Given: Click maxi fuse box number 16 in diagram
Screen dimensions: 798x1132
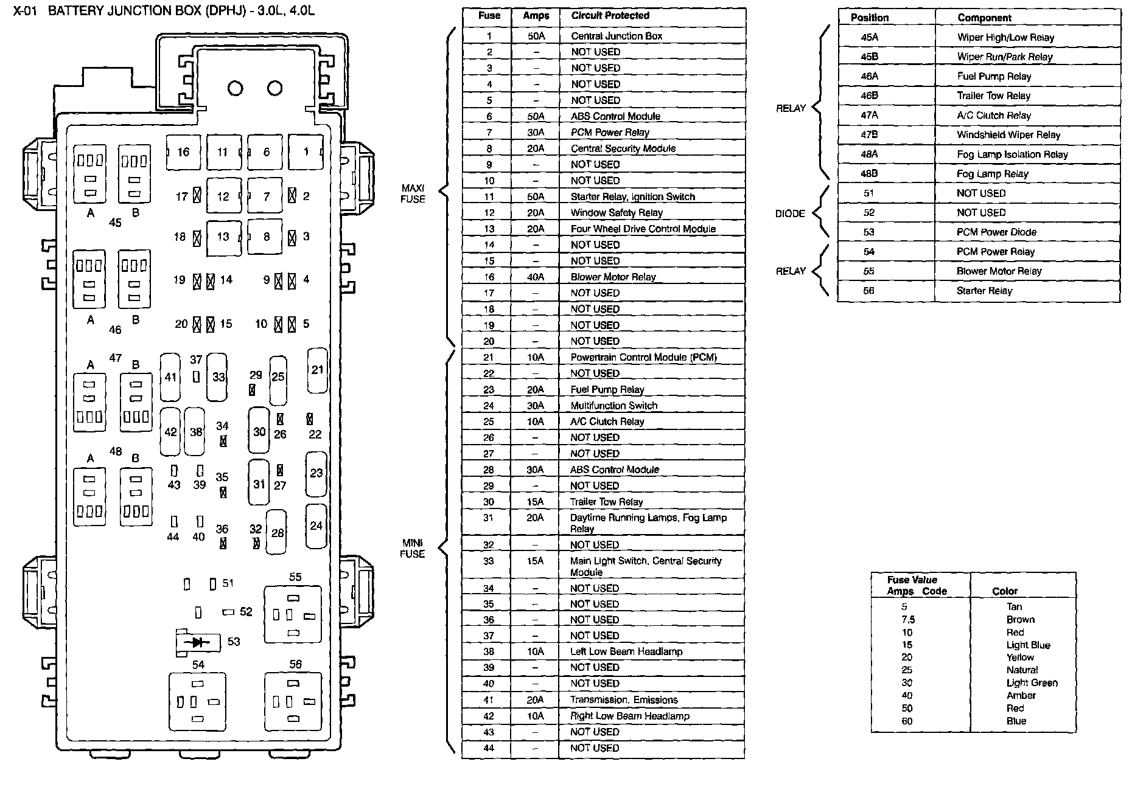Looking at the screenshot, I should click(x=184, y=152).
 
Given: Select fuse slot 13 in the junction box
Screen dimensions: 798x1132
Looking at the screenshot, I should click(x=223, y=237).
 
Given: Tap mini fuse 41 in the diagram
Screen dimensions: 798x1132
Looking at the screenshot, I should click(x=170, y=377).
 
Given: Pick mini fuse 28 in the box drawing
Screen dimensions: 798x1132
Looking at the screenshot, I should click(x=278, y=533).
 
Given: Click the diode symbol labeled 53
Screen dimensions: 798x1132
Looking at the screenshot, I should click(x=197, y=642).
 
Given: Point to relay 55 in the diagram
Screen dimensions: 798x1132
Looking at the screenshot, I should click(x=293, y=614).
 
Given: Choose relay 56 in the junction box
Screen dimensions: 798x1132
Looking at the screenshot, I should click(x=293, y=701).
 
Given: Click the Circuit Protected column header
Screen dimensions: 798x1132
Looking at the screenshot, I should click(x=610, y=16).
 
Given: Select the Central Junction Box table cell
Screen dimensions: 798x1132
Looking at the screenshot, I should click(x=617, y=36).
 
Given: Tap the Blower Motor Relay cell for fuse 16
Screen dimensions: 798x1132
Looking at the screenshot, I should click(x=613, y=277).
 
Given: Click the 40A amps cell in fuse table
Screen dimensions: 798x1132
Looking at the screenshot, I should click(x=536, y=277).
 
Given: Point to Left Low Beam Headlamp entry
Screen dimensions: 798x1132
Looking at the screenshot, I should click(x=626, y=651).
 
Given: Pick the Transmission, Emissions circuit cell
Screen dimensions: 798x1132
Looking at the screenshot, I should click(x=624, y=700).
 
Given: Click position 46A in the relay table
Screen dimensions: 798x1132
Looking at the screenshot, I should click(x=869, y=76).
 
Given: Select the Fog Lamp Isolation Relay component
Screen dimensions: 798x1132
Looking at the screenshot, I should click(x=1012, y=154).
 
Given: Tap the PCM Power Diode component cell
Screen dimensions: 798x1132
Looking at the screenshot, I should click(x=996, y=232).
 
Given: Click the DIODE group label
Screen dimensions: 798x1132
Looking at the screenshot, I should click(x=790, y=213).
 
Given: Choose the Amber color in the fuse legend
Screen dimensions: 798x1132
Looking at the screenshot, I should click(x=1021, y=695).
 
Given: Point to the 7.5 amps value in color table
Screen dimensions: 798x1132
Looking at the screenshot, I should click(x=908, y=620).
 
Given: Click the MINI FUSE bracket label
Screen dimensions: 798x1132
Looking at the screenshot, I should click(x=412, y=548).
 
